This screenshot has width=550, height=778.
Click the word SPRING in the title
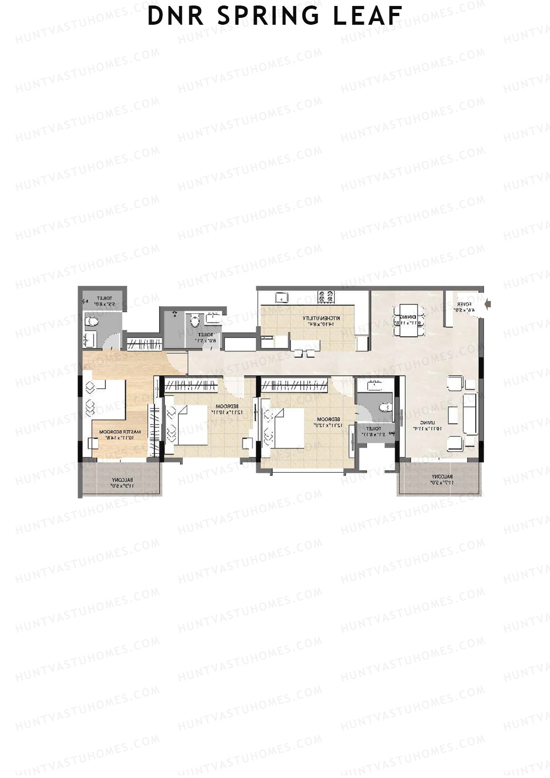[x=268, y=16]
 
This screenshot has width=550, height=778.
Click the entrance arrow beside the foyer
[x=488, y=303]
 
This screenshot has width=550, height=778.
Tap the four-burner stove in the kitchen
[x=326, y=297]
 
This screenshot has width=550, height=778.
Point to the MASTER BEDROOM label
[x=120, y=435]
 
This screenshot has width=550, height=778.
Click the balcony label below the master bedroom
[x=121, y=482]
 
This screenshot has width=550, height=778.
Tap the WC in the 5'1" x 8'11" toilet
[x=384, y=407]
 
